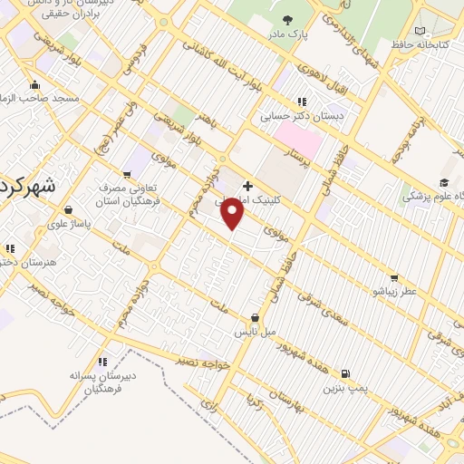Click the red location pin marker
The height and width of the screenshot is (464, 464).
(233, 214)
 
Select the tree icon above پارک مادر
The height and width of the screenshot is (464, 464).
(287, 19)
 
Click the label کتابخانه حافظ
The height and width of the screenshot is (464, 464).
(416, 43)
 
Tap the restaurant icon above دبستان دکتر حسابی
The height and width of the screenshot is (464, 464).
(302, 101)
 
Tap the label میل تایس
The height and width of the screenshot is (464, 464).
(257, 332)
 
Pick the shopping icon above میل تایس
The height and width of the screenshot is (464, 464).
(256, 318)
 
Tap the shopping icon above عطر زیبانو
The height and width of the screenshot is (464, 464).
(393, 277)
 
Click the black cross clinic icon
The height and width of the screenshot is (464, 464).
(247, 186)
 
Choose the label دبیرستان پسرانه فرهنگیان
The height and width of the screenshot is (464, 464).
(92, 381)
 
